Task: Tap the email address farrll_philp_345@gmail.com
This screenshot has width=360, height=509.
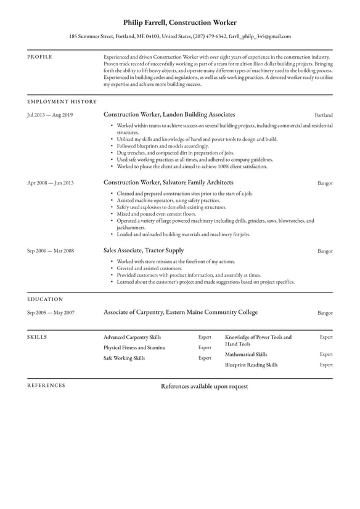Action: tap(260, 36)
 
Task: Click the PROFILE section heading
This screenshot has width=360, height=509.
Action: tap(39, 57)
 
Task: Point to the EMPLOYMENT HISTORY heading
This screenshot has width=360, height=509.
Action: tap(62, 101)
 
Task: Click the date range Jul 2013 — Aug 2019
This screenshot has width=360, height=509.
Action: tap(50, 115)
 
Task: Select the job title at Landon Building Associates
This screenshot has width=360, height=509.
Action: tap(169, 115)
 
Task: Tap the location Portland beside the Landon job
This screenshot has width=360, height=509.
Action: tap(323, 115)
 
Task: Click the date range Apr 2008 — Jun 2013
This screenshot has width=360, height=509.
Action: tap(50, 183)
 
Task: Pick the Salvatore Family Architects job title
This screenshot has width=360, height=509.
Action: tap(168, 183)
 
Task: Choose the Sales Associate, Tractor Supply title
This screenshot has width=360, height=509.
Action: tap(144, 250)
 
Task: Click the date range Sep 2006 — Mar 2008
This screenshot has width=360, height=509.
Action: tap(50, 251)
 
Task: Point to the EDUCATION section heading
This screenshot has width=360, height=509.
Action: tap(45, 299)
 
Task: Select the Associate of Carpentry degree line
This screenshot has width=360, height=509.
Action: tap(181, 313)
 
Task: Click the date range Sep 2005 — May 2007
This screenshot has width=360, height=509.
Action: tap(51, 313)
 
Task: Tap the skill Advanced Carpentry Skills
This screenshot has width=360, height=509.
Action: tap(132, 338)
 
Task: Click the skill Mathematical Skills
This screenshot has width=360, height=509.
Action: tap(246, 355)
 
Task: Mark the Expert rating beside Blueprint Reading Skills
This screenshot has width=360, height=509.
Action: tap(326, 365)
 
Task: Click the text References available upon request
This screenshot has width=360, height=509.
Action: tap(204, 386)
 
